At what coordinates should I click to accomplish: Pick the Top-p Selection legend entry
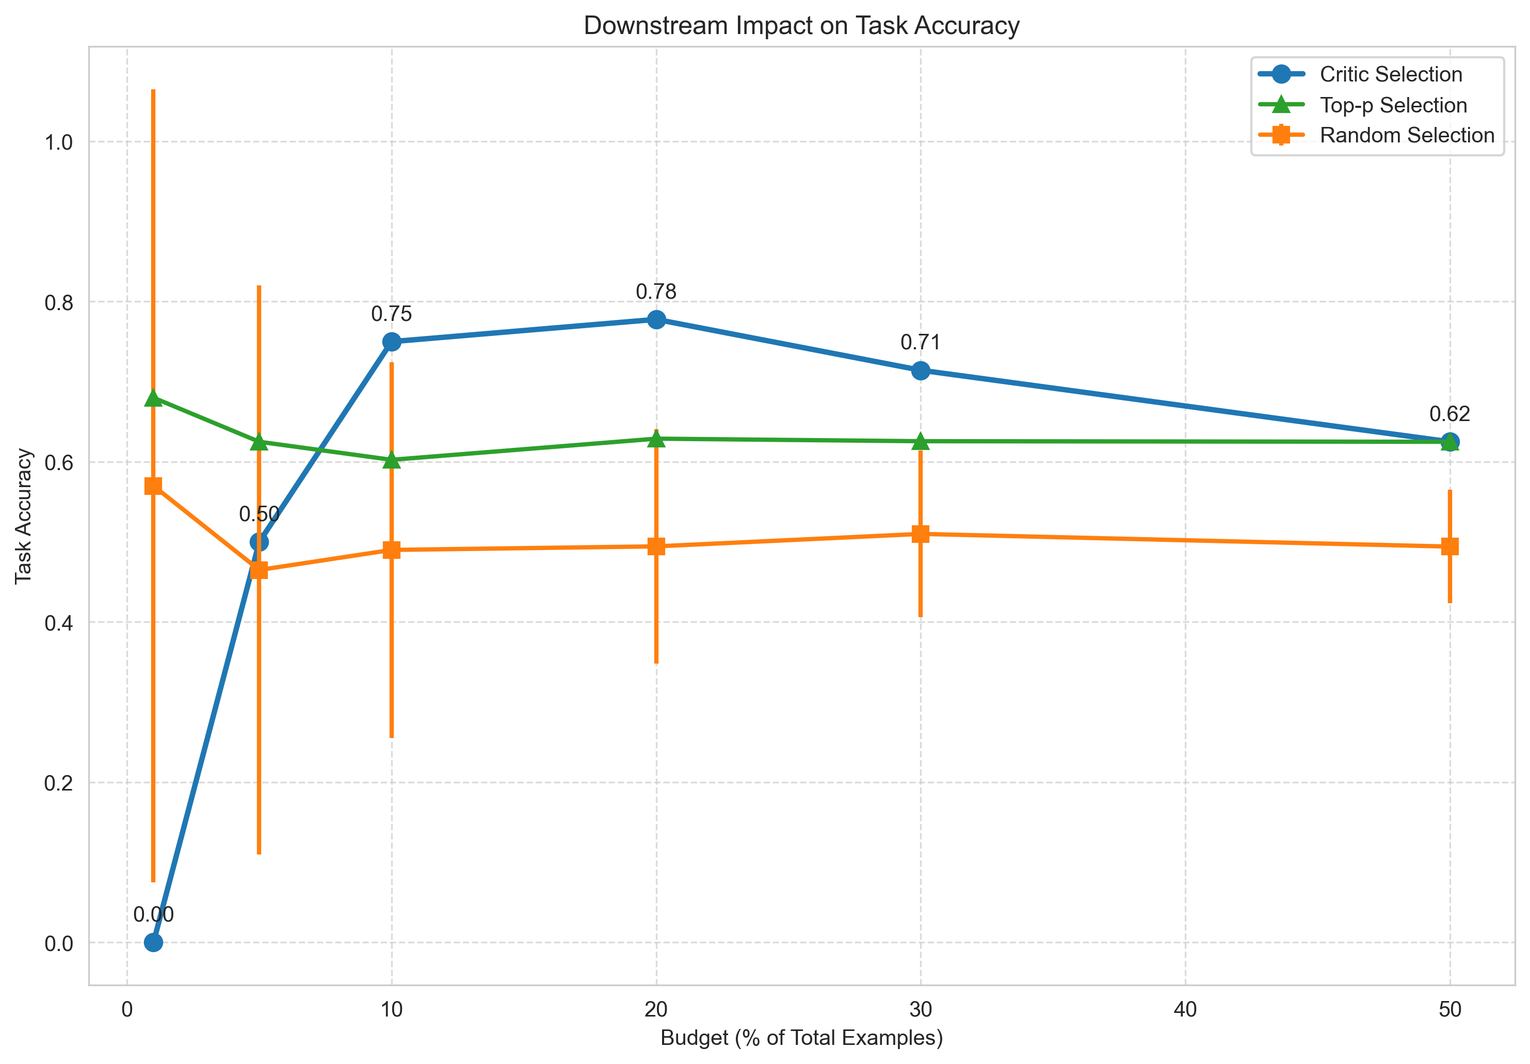coord(1393,105)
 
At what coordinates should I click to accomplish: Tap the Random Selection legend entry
coord(1406,135)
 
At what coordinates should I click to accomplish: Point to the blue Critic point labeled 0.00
coord(153,942)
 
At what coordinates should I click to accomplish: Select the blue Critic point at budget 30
coord(920,370)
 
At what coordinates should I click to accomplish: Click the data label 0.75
coord(391,314)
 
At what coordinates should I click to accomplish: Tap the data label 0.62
coord(1450,414)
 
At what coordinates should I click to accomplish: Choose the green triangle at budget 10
coord(391,460)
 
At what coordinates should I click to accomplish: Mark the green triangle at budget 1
coord(153,398)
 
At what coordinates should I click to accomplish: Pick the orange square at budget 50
coord(1450,546)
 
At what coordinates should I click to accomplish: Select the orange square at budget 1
coord(153,486)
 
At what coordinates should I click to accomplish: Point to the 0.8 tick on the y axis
coord(59,302)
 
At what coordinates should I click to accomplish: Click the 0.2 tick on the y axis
coord(59,783)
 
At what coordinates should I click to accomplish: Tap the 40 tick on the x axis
coord(1185,1009)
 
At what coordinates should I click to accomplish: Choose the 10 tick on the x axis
coord(391,1009)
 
